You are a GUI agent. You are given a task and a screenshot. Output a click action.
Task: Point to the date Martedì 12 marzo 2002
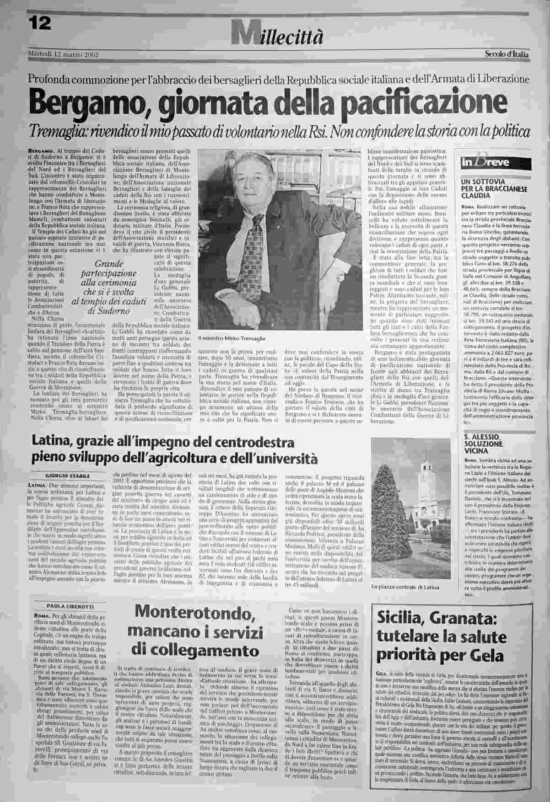(64, 55)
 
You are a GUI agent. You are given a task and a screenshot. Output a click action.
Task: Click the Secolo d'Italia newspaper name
(507, 55)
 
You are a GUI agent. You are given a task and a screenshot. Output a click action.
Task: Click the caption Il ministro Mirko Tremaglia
(232, 338)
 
